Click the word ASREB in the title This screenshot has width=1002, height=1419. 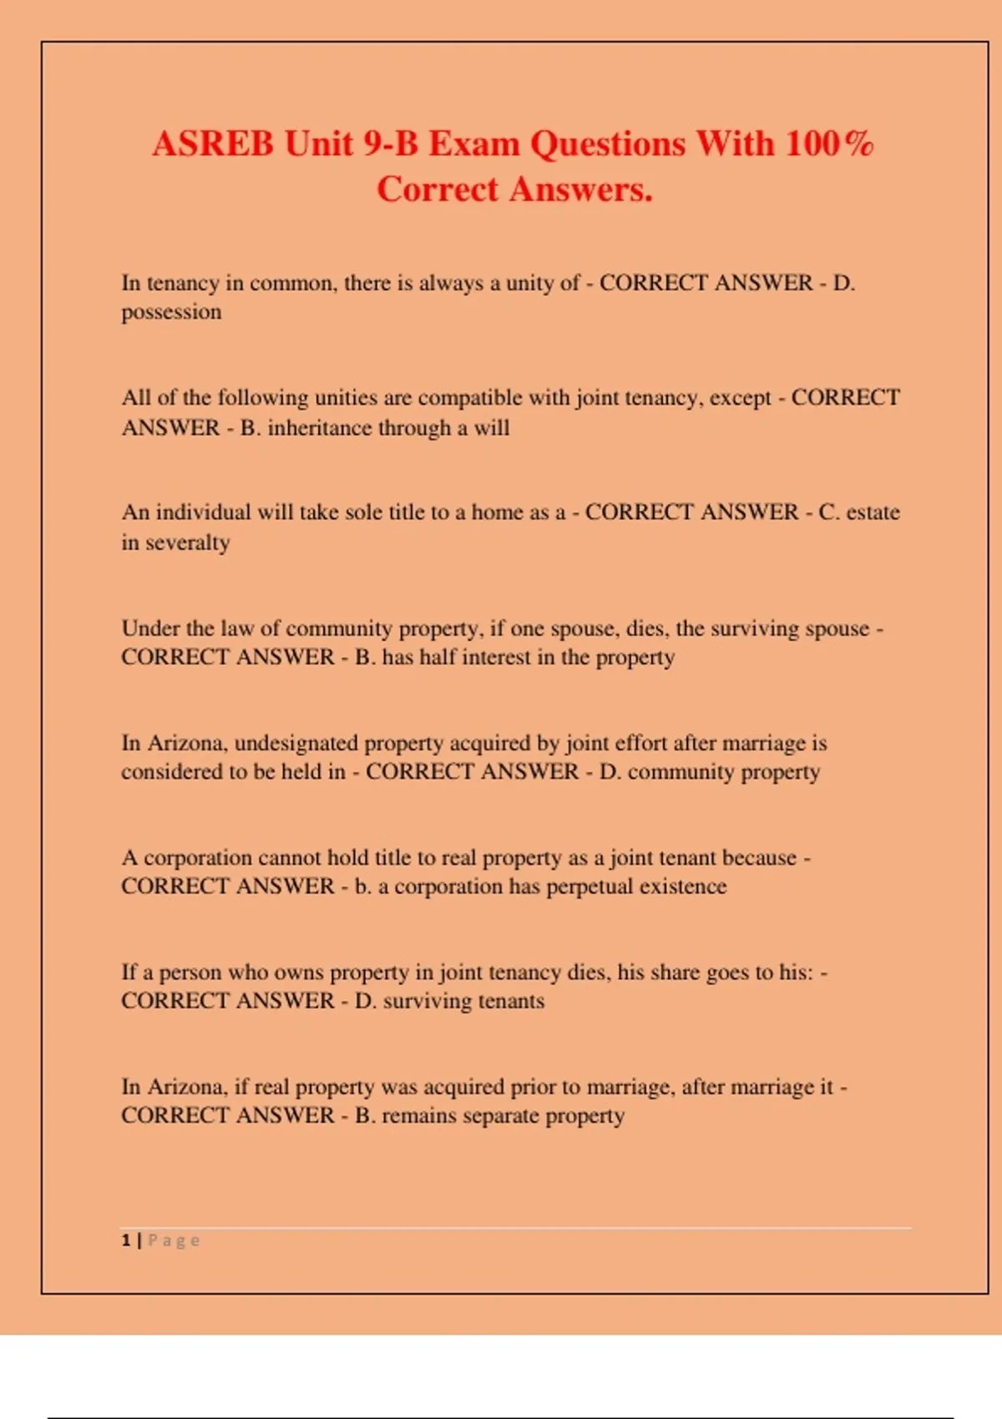click(212, 144)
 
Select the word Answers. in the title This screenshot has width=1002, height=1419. click(581, 189)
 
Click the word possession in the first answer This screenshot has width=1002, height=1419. click(171, 313)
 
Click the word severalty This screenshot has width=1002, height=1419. click(188, 543)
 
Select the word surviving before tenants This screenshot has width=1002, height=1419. click(427, 1001)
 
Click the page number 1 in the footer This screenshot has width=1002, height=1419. click(126, 1240)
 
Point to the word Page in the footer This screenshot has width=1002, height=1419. click(174, 1240)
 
